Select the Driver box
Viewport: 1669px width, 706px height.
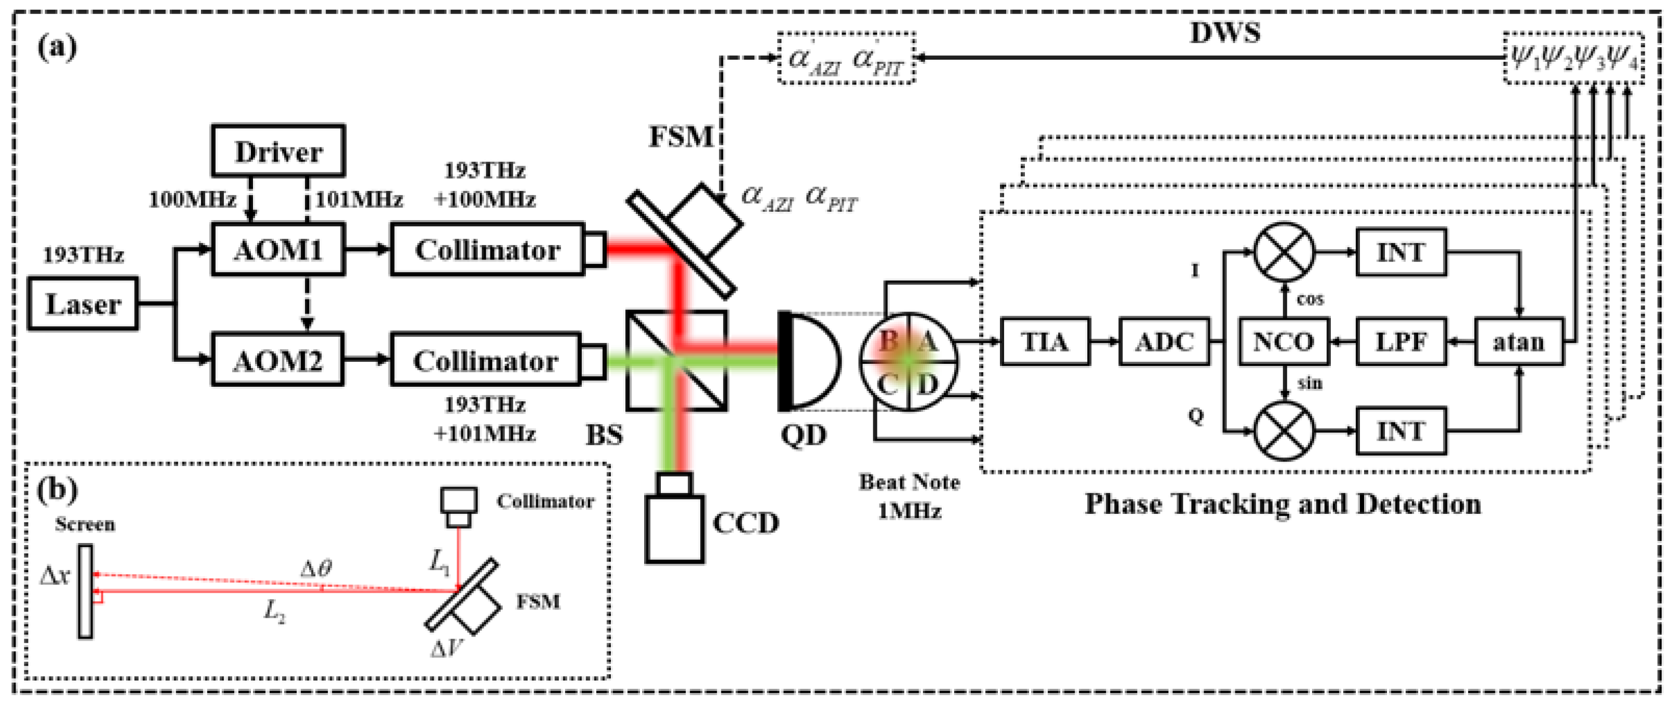(278, 152)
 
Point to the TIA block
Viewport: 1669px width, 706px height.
(1045, 342)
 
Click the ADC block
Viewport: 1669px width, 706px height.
(1164, 342)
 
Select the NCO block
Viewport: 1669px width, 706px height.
(1284, 342)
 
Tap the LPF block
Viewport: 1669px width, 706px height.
(1401, 342)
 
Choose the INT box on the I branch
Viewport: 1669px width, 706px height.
(1401, 252)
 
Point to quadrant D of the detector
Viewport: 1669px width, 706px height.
(928, 385)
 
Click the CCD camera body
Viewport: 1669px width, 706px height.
(674, 528)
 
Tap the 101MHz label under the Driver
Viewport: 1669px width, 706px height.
(359, 199)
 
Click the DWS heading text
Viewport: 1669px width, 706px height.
(1224, 32)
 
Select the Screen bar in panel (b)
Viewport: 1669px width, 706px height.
(85, 591)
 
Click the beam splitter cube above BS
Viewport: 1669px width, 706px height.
(676, 361)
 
